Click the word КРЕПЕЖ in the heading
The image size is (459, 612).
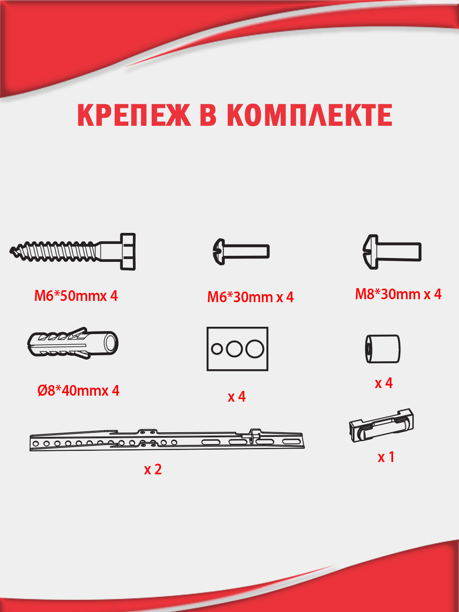click(134, 115)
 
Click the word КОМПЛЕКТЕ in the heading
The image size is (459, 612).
click(310, 115)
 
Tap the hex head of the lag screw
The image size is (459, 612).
click(128, 252)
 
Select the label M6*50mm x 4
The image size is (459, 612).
click(76, 296)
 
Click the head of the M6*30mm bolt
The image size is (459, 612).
click(219, 252)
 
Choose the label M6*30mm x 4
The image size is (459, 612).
click(250, 297)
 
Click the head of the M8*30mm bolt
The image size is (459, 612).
click(371, 252)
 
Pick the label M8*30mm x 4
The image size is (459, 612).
click(398, 295)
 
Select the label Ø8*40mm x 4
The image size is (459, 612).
click(78, 391)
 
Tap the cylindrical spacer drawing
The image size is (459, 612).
click(382, 349)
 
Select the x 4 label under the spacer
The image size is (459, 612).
click(383, 383)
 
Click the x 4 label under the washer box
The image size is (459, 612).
click(237, 397)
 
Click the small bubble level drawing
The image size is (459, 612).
click(382, 425)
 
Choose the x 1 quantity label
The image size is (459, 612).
click(386, 457)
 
